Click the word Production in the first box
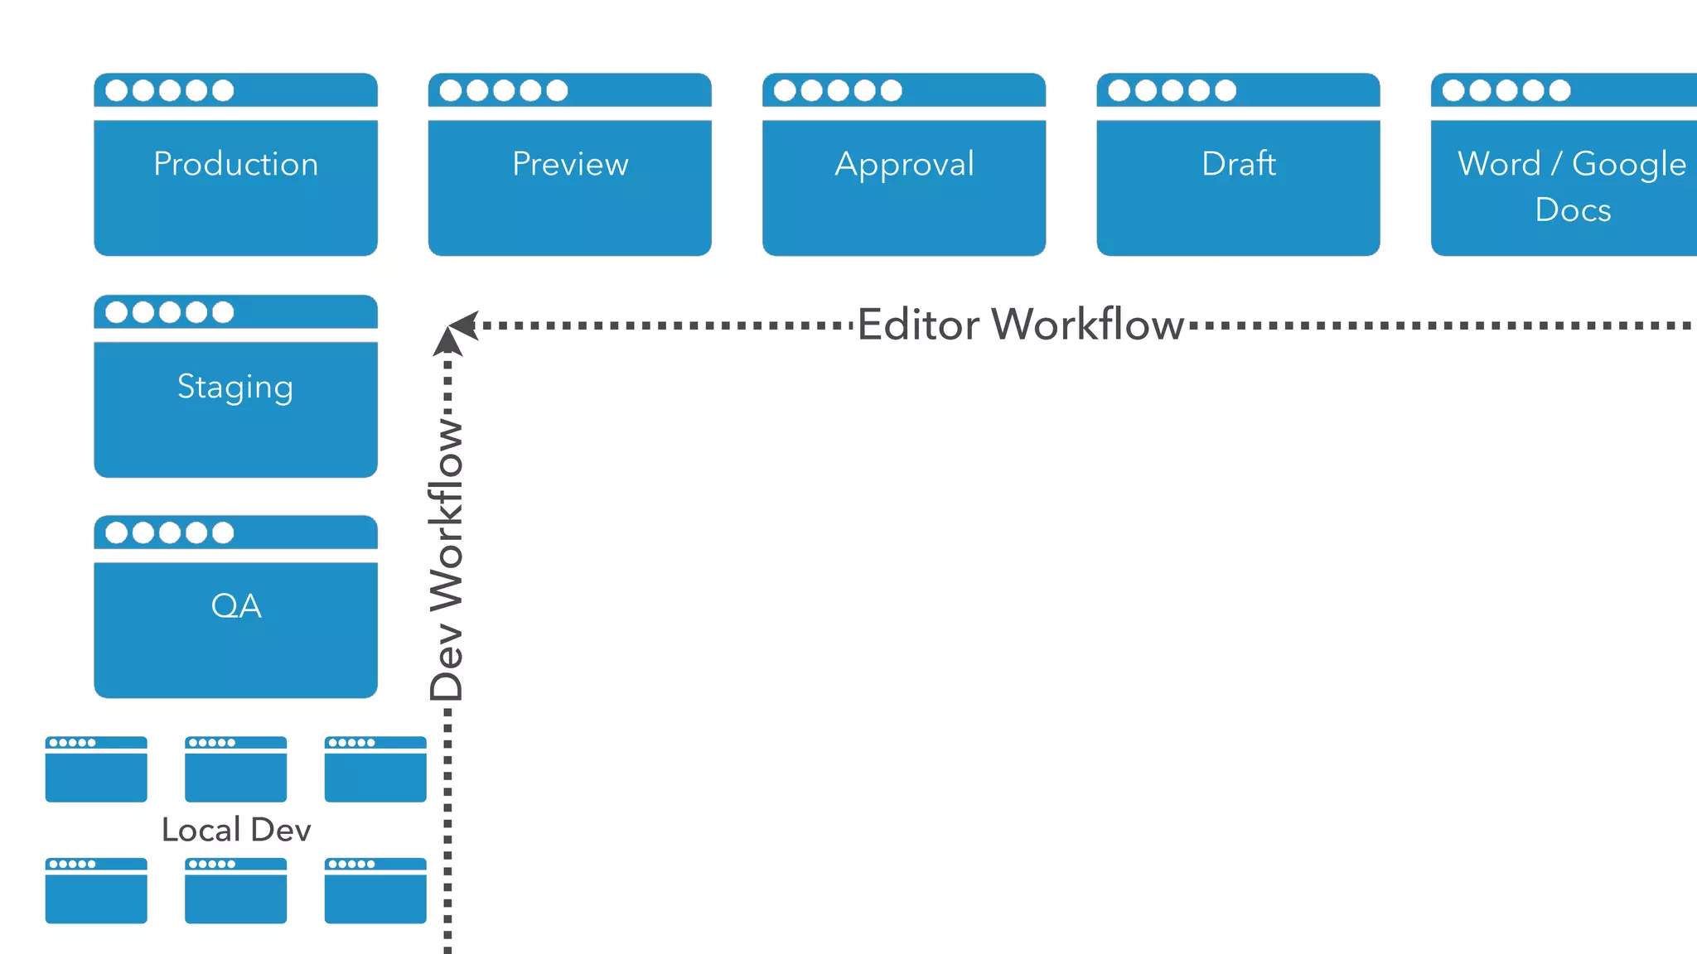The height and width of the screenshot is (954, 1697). (235, 164)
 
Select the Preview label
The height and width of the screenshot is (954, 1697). (570, 164)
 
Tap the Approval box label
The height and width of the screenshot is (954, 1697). (904, 164)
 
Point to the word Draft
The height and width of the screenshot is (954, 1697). (1238, 164)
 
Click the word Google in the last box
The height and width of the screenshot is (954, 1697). (1628, 164)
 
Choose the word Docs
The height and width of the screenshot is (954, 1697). (1573, 210)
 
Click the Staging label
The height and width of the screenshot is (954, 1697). (235, 387)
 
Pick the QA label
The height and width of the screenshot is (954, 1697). (236, 606)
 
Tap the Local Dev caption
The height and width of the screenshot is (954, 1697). (236, 830)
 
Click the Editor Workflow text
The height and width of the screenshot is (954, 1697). (1020, 325)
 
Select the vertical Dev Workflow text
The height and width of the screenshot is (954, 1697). (447, 559)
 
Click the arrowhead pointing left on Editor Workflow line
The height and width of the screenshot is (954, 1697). (465, 325)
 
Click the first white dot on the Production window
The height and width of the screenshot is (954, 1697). (117, 90)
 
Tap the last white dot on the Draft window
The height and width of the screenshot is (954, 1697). (1226, 90)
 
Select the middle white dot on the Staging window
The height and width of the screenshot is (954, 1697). (170, 312)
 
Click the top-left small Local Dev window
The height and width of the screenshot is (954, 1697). (96, 769)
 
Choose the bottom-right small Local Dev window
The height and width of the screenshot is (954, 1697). (375, 891)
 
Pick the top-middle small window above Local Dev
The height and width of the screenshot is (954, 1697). (235, 769)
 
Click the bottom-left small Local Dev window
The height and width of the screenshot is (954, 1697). (96, 891)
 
